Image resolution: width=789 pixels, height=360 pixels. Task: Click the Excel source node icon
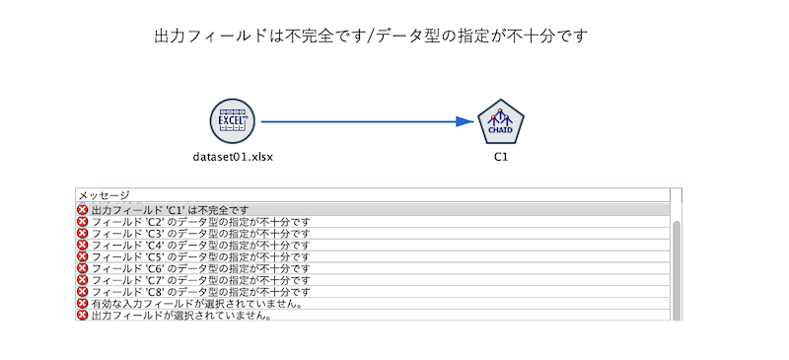pos(233,121)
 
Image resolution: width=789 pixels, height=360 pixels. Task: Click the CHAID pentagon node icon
pos(501,123)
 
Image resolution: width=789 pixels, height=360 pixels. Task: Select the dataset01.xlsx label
pos(233,157)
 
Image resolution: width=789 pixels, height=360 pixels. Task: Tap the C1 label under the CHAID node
pos(501,157)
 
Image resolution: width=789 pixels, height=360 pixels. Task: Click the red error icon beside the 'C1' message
pos(83,210)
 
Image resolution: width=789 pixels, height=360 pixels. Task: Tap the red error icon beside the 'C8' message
pos(83,293)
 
